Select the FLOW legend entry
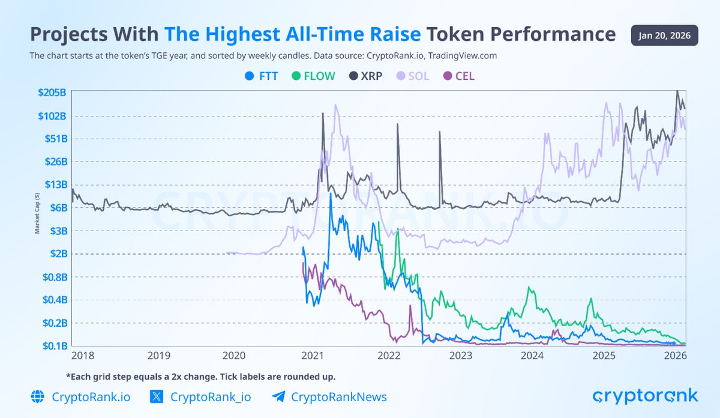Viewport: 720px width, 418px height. (x=313, y=76)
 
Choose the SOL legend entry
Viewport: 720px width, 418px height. (x=412, y=76)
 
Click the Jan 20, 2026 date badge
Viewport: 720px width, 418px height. (x=664, y=35)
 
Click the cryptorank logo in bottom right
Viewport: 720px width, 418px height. (x=646, y=396)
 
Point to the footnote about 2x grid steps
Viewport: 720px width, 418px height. (x=200, y=377)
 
